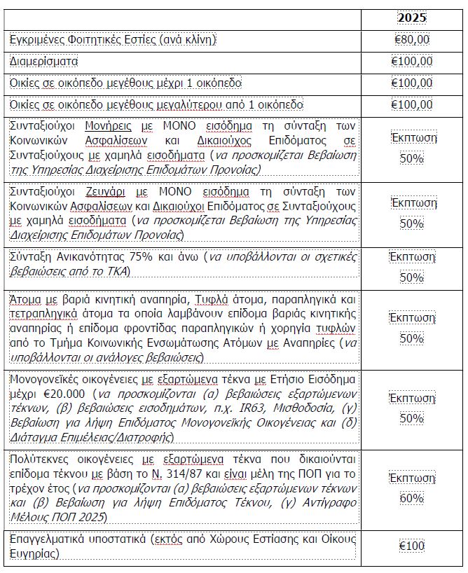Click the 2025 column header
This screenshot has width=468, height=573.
click(413, 17)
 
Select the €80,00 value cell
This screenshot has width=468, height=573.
click(412, 40)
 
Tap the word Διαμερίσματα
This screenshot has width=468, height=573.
click(43, 61)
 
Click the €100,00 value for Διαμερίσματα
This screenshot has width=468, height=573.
click(412, 61)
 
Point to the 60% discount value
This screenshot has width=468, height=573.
click(413, 499)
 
